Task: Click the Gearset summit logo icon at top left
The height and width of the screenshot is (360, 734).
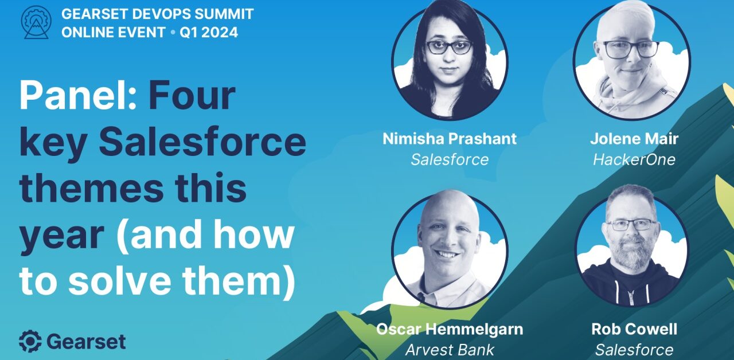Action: tap(36, 23)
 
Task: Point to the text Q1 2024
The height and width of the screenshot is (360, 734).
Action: tap(209, 33)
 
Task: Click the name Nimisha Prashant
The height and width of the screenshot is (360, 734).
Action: tap(450, 139)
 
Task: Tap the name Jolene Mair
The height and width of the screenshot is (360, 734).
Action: tap(634, 139)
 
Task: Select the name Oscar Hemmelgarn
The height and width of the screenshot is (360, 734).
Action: tap(450, 330)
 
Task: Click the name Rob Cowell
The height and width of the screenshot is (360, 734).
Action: tap(634, 330)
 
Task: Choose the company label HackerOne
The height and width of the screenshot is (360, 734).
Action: tap(634, 159)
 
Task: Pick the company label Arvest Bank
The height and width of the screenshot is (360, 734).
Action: tap(450, 350)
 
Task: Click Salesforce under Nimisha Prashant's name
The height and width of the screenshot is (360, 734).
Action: tap(450, 159)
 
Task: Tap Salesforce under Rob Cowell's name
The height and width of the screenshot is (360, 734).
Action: tap(634, 350)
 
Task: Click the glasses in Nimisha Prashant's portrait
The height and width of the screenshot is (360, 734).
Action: tap(450, 48)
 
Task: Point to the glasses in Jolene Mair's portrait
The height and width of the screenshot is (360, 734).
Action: tap(631, 49)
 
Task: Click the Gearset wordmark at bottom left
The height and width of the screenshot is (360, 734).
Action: tap(86, 342)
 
